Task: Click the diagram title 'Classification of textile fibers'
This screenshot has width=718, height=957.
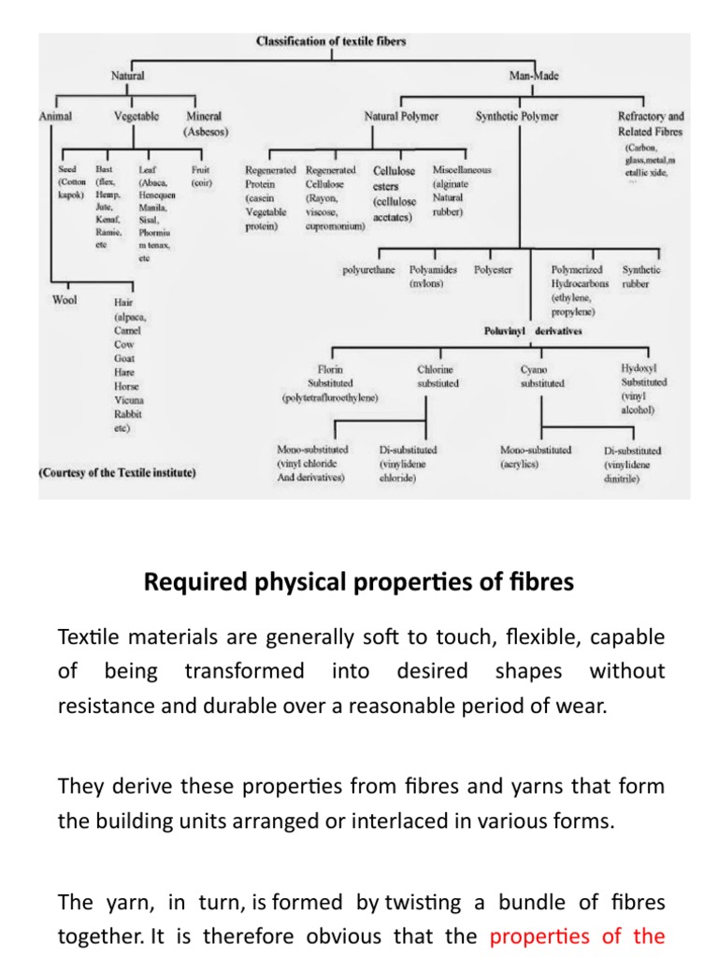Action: click(331, 41)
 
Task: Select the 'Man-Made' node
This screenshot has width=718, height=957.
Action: click(534, 76)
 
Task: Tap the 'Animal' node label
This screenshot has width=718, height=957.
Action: click(55, 117)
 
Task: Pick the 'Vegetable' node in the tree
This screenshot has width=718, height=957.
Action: click(136, 117)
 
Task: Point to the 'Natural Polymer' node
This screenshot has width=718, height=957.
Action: click(401, 117)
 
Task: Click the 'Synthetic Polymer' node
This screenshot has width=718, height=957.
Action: click(517, 117)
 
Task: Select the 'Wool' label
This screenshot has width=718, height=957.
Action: click(65, 301)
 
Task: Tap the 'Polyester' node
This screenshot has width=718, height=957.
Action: click(493, 270)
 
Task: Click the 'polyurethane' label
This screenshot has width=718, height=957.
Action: click(368, 270)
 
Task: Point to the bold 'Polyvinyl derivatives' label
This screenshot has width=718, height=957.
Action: click(532, 331)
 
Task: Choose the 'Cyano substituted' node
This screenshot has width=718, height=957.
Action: click(542, 377)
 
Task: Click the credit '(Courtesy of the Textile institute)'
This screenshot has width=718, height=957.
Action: click(117, 473)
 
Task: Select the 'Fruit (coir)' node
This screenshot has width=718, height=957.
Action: click(201, 177)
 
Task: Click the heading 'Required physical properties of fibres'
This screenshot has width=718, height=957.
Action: click(359, 582)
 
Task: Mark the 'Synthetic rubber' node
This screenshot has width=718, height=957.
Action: click(641, 276)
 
